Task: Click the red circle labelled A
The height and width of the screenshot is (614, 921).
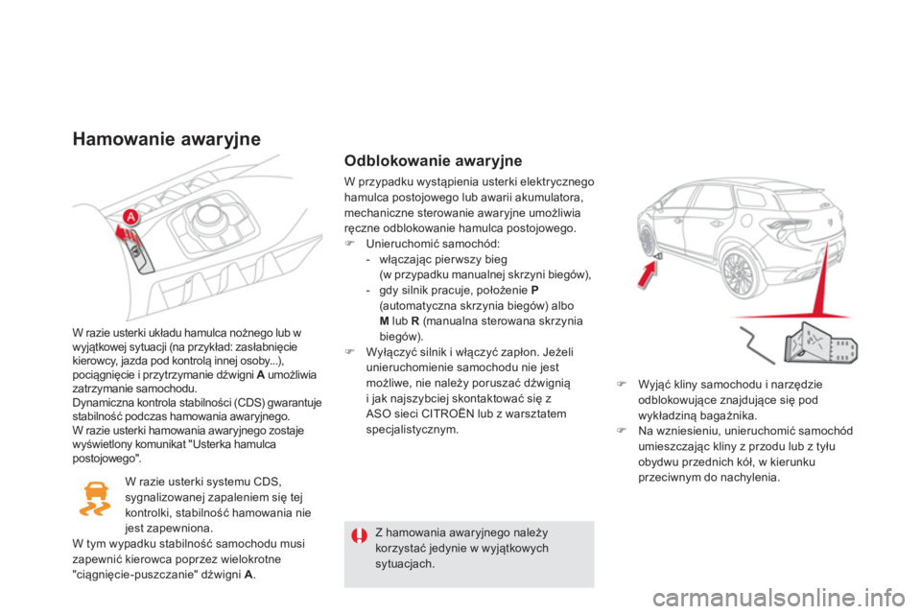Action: [x=130, y=216]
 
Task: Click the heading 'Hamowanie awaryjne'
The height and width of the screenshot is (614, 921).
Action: [x=166, y=139]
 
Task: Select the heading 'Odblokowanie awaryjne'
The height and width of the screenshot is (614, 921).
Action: [x=433, y=160]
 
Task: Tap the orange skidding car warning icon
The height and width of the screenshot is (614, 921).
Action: [x=95, y=500]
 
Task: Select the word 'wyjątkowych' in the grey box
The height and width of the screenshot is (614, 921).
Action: [x=508, y=549]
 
